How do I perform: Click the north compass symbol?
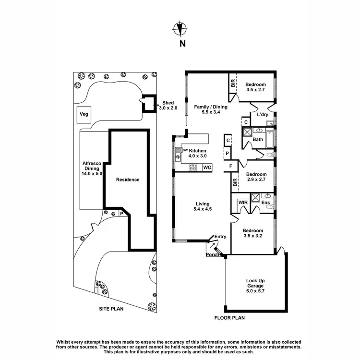click(180, 29)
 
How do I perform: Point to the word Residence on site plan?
click(128, 180)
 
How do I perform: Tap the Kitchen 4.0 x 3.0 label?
click(197, 153)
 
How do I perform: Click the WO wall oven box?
click(207, 168)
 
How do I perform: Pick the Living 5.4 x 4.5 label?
click(202, 206)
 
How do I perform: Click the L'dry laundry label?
click(262, 115)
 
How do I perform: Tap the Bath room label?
click(258, 140)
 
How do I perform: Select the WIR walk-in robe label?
click(242, 203)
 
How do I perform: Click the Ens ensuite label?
click(264, 203)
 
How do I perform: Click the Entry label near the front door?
click(220, 237)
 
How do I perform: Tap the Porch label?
click(212, 254)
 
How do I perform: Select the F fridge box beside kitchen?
click(231, 167)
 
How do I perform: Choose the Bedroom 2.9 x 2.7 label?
click(256, 177)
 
